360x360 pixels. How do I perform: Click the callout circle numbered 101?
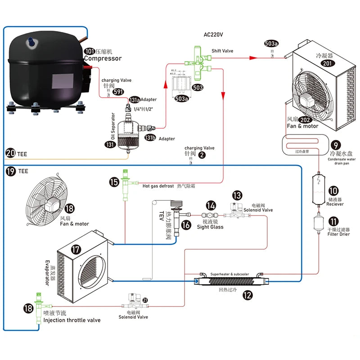(89, 51)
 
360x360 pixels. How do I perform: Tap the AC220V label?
(213, 35)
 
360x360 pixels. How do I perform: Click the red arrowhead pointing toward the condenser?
(253, 58)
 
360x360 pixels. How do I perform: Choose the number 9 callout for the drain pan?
(335, 145)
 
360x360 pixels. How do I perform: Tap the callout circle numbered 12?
(247, 295)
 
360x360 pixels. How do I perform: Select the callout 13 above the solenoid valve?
(237, 195)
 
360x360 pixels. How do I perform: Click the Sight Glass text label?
(210, 227)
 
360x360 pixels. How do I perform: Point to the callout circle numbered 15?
(114, 182)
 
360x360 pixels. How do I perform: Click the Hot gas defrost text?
(158, 185)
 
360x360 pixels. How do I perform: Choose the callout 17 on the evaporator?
(76, 248)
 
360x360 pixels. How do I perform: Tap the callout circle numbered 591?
(118, 92)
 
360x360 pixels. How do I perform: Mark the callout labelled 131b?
(150, 138)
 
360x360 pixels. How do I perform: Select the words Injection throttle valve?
(72, 320)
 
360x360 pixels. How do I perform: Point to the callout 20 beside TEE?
(11, 153)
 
